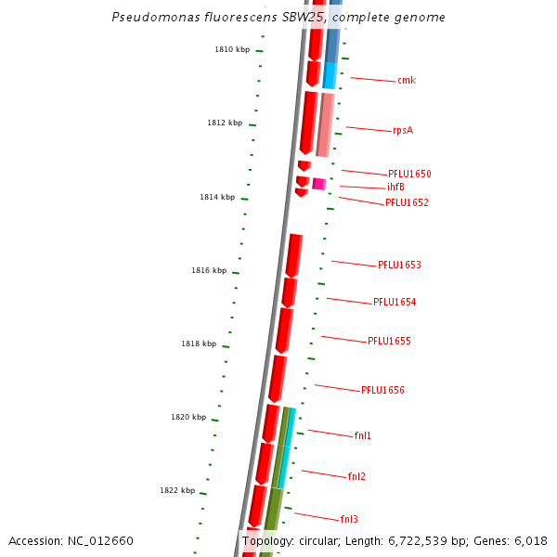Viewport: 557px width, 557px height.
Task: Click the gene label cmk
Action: tap(407, 81)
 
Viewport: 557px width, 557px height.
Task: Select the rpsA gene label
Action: tap(403, 130)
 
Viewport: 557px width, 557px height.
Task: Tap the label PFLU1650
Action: tap(409, 175)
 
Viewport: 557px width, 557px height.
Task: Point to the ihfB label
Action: tap(395, 188)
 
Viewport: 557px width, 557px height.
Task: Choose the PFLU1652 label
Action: tap(407, 202)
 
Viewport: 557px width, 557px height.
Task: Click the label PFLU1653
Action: tap(399, 266)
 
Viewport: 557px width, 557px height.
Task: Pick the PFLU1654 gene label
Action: tap(395, 303)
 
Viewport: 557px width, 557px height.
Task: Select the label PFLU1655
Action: tap(389, 342)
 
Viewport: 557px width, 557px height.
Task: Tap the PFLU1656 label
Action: tap(382, 391)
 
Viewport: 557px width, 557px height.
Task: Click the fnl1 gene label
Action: tap(363, 435)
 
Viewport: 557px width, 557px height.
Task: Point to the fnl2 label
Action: tap(356, 477)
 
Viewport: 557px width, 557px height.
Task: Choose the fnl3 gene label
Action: tap(349, 520)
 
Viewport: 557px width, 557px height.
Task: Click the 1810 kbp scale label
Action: tap(232, 49)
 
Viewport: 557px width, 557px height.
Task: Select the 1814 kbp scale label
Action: tap(217, 197)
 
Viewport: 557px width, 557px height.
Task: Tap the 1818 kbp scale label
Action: tap(199, 343)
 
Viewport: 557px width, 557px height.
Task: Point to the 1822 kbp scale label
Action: tap(177, 490)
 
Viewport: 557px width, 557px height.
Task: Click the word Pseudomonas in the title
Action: tap(149, 18)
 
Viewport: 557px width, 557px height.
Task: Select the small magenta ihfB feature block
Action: tap(318, 184)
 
